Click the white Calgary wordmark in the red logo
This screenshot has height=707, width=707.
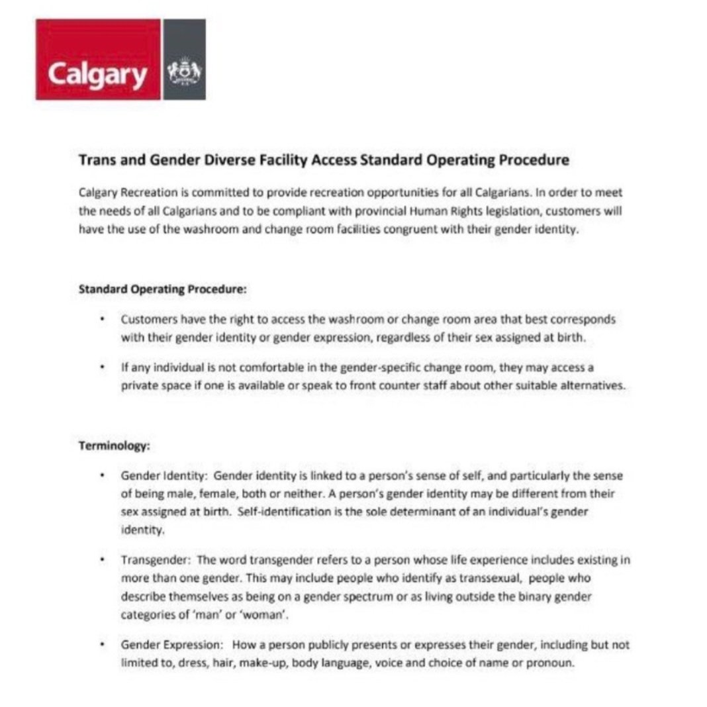click(x=97, y=75)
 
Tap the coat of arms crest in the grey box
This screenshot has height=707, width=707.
click(x=184, y=70)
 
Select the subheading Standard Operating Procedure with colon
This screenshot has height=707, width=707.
click(x=163, y=289)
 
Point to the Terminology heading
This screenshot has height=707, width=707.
click(x=114, y=446)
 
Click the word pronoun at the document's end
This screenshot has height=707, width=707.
click(x=547, y=663)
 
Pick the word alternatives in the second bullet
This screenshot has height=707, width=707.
click(x=590, y=386)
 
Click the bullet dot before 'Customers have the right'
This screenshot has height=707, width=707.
click(x=103, y=319)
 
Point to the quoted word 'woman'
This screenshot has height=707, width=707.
click(x=271, y=615)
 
